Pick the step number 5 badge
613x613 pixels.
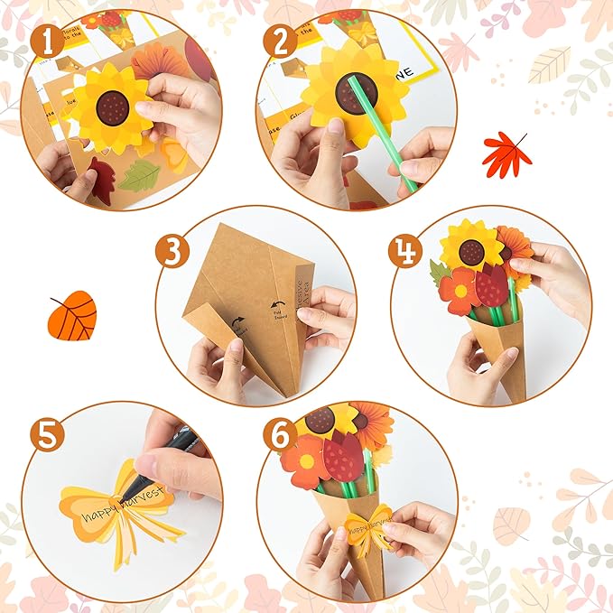[x=46, y=436]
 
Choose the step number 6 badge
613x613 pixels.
[x=281, y=435]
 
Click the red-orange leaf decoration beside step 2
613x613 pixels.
[x=506, y=153]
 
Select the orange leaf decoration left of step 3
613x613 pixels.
[x=72, y=315]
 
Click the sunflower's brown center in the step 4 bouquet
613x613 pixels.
[x=470, y=252]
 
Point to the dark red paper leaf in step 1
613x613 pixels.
[x=98, y=181]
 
